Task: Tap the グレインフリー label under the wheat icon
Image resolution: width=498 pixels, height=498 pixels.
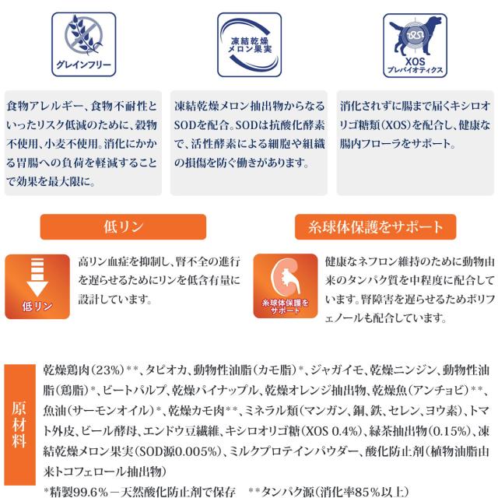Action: click(82, 65)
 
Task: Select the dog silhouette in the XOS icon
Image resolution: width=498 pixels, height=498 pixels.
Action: click(415, 35)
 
